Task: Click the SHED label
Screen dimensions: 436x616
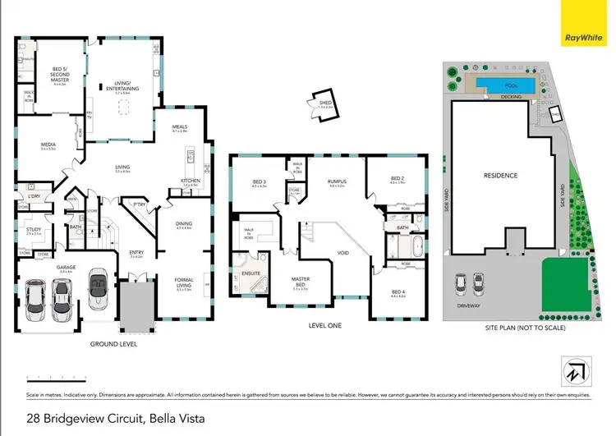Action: click(326, 103)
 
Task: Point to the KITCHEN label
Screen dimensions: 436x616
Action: click(191, 182)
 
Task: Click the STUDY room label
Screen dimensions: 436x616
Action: click(34, 231)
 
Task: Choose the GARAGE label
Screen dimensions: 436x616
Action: click(55, 268)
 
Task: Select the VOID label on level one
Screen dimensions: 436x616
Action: click(343, 254)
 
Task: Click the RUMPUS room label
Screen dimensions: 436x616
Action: click(334, 183)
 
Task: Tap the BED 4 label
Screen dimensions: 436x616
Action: click(398, 292)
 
